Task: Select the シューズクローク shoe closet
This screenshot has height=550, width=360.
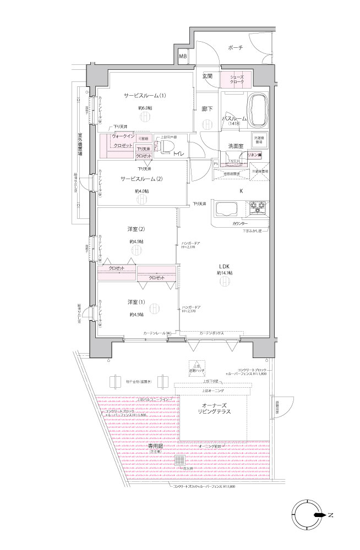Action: pos(237,79)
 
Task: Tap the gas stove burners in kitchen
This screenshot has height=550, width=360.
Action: pos(258,209)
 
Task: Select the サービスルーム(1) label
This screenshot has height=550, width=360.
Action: pos(145,96)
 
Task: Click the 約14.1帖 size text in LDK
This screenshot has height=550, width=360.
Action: pos(224,273)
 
